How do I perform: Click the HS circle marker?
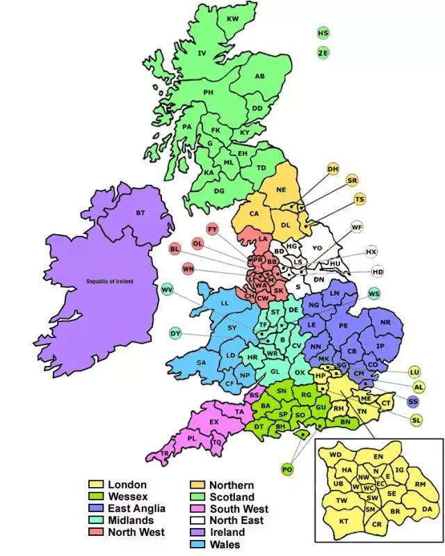(323, 33)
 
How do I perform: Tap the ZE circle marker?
(323, 52)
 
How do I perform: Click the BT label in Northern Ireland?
(140, 212)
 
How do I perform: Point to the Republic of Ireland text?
(109, 281)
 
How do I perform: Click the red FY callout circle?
(213, 229)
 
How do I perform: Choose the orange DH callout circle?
(333, 169)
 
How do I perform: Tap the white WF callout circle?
(357, 228)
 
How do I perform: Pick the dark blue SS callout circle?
(414, 402)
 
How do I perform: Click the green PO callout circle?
(287, 470)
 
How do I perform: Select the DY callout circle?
(175, 333)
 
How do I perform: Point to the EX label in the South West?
(214, 422)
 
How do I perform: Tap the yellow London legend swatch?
(95, 484)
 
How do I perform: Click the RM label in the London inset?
(419, 484)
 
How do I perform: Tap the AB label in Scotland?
(259, 77)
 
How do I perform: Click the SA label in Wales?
(202, 362)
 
